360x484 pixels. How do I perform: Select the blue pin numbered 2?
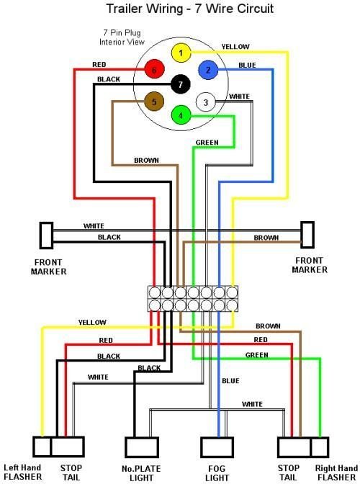(x=208, y=70)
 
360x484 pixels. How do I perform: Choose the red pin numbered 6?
(x=153, y=70)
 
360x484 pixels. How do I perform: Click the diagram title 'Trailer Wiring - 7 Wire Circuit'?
(x=180, y=9)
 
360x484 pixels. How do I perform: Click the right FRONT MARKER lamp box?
(x=308, y=234)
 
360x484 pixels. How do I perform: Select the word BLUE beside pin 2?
(x=247, y=66)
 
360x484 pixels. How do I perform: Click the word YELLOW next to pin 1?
(x=235, y=47)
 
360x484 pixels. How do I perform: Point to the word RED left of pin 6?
(x=99, y=65)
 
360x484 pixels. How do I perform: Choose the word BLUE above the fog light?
(x=230, y=381)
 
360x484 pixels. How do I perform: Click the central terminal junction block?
(x=192, y=298)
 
